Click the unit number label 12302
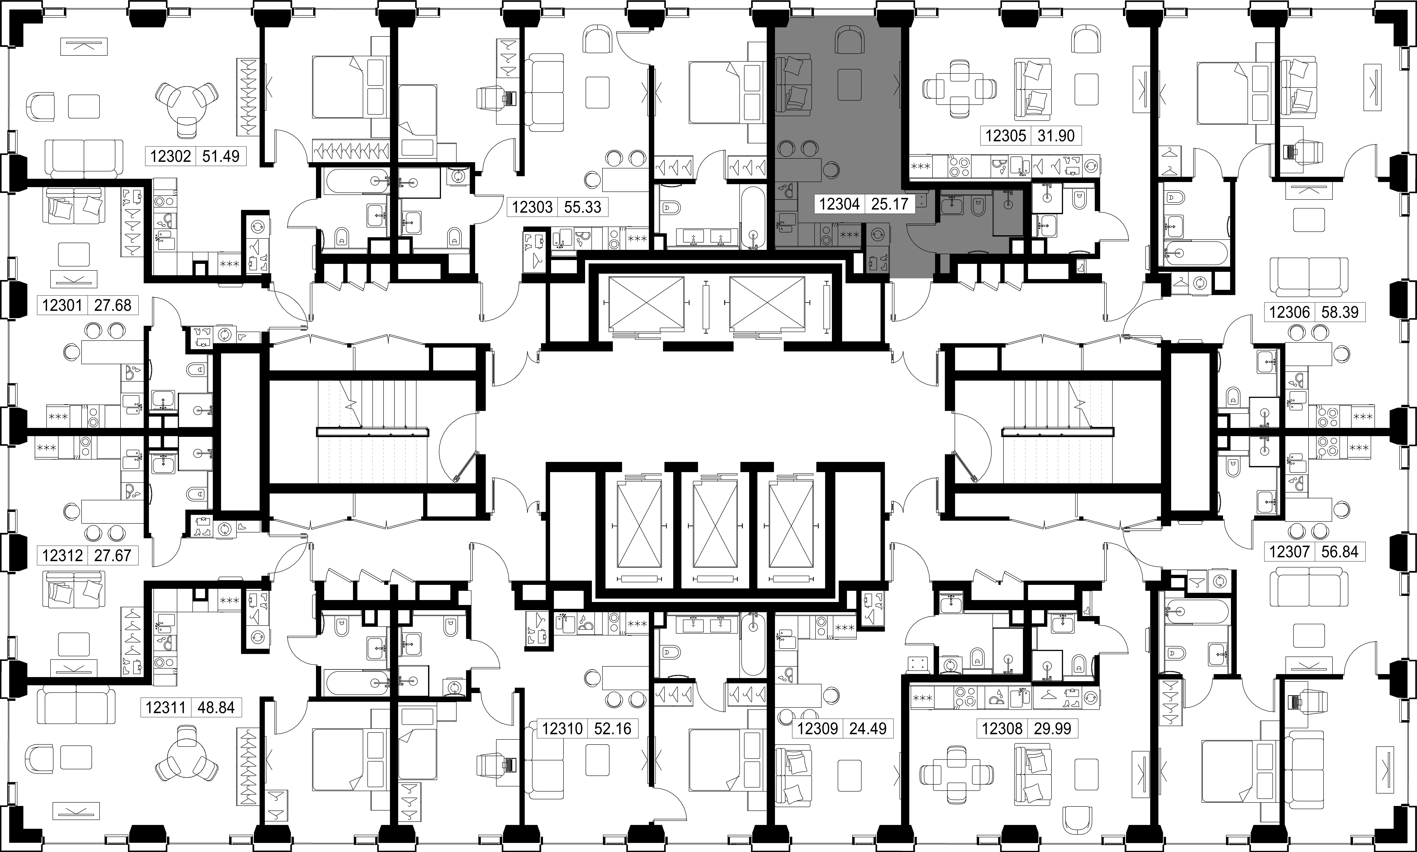171,156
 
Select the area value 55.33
582,207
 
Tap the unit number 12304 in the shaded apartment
839,204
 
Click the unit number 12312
63,555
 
